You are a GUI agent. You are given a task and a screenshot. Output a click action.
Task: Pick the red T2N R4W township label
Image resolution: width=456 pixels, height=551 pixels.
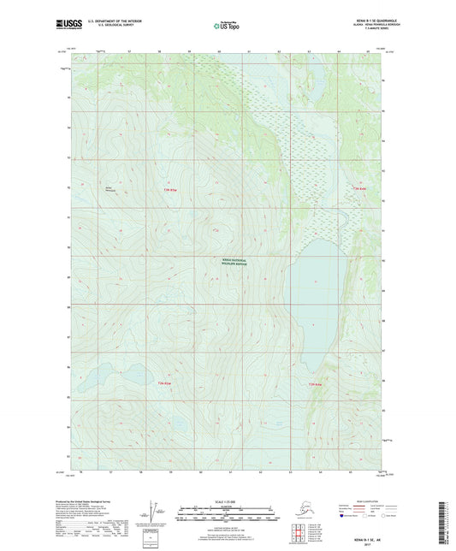pos(315,384)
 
